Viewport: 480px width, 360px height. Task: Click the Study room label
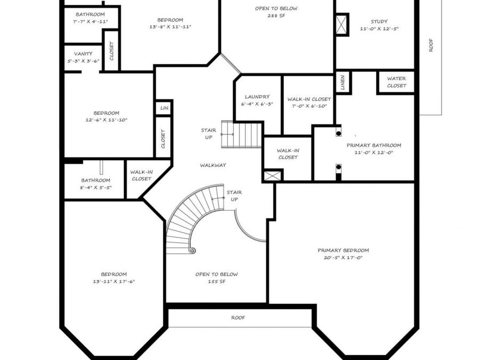tap(379, 22)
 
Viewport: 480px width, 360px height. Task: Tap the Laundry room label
tap(257, 97)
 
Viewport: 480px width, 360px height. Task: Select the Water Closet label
tap(396, 82)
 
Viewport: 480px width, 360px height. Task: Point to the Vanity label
tap(83, 54)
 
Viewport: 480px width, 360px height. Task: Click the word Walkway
tap(213, 165)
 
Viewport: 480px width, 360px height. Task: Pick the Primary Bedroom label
tap(343, 251)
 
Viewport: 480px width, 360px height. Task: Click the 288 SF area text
tap(276, 15)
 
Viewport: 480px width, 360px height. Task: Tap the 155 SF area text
tap(217, 281)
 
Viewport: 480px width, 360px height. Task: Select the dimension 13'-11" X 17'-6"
tap(114, 281)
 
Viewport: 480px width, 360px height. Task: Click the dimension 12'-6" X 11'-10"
tap(106, 120)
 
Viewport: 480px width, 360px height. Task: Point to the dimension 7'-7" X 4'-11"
tap(90, 21)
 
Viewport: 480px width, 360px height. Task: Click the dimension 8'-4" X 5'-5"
tap(96, 188)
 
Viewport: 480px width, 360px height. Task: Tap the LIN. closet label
tap(165, 108)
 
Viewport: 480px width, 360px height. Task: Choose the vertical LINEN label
tap(342, 82)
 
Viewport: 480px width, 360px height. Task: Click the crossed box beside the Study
tap(342, 25)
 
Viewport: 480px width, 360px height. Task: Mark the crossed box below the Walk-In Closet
tap(273, 175)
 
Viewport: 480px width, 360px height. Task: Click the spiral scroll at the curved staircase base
tap(192, 250)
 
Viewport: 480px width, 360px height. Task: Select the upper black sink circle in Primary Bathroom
tap(339, 133)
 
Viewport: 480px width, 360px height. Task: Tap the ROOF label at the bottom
tap(238, 318)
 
